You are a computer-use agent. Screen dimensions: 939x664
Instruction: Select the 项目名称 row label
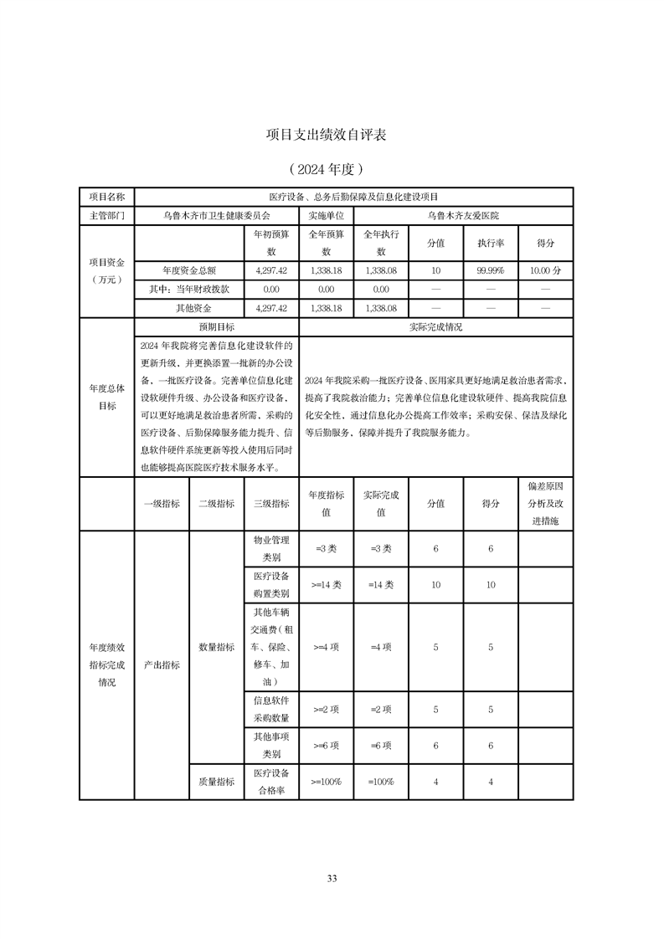click(106, 196)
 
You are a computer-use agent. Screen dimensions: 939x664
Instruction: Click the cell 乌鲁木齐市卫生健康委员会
click(215, 215)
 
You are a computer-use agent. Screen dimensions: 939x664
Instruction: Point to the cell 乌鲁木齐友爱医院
click(463, 215)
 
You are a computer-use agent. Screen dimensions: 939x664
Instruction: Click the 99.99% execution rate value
click(491, 271)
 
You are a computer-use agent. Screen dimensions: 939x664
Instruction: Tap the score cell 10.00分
click(546, 271)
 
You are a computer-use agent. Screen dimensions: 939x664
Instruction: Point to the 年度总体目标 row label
click(106, 398)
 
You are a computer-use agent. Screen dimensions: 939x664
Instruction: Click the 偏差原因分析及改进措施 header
click(546, 503)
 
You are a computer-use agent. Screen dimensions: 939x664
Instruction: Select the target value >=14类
click(326, 585)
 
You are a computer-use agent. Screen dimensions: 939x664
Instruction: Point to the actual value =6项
click(380, 745)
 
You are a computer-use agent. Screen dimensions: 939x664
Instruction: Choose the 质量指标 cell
click(216, 781)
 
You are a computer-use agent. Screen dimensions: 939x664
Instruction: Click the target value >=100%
click(326, 781)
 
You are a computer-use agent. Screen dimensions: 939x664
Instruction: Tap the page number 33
click(332, 878)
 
